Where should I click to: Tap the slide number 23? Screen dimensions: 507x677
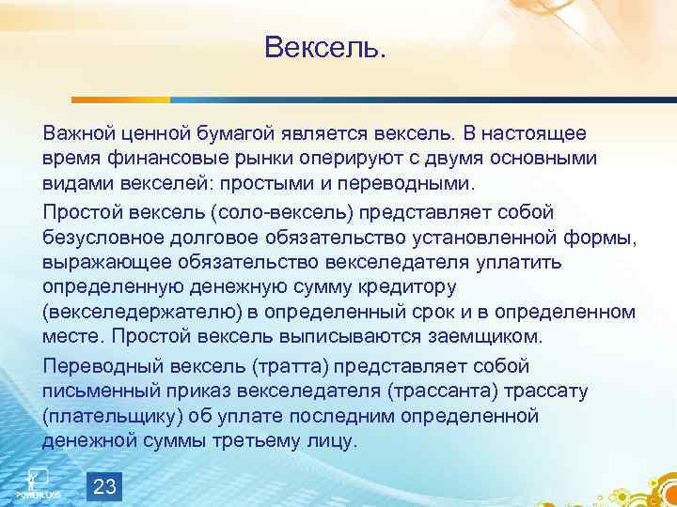click(x=106, y=485)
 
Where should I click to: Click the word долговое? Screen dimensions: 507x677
click(x=208, y=236)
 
